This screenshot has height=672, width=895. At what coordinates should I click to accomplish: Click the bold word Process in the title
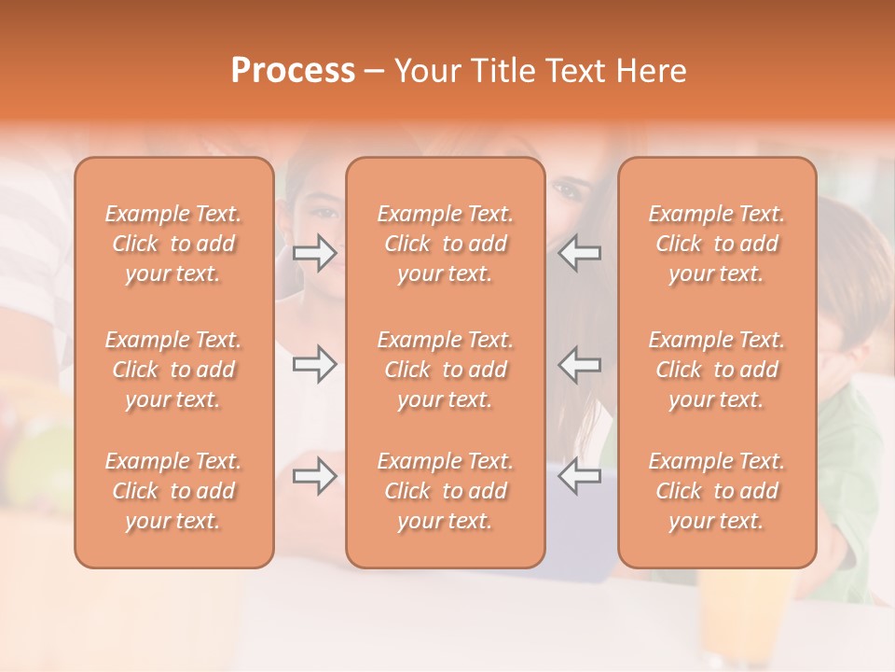(293, 71)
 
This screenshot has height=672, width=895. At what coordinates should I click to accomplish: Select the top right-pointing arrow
(314, 253)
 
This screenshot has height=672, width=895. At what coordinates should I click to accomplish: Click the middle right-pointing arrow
(314, 364)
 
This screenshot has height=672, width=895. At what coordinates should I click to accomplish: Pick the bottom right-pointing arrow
(314, 477)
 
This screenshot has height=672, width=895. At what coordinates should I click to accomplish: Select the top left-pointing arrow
(579, 253)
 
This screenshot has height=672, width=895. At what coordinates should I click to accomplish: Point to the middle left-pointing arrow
(579, 364)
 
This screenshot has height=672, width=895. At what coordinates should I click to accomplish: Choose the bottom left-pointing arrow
(579, 477)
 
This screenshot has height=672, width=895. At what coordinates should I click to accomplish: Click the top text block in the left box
(173, 244)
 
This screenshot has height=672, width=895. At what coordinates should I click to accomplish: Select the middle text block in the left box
(173, 370)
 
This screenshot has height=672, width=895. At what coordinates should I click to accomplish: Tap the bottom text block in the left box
(173, 491)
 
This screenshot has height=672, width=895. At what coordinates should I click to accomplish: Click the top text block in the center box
(446, 244)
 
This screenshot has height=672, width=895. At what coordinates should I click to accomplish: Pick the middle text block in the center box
(446, 370)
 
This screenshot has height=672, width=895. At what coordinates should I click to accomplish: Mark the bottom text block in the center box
(446, 491)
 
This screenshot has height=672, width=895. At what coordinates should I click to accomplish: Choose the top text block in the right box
(717, 244)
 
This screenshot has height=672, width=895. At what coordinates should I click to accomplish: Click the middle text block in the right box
(717, 370)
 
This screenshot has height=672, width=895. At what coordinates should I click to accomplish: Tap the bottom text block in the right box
(717, 491)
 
